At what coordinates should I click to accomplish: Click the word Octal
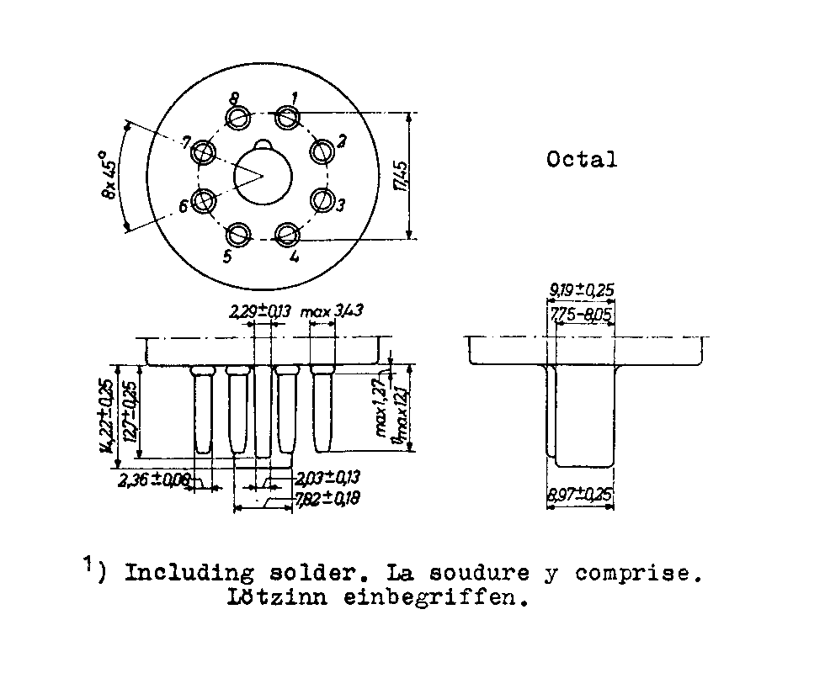582,159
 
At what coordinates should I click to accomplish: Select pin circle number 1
289,116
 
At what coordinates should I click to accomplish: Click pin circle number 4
289,235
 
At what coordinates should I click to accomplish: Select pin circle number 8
240,117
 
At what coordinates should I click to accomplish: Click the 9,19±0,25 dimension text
582,290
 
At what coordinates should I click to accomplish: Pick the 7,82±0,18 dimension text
327,500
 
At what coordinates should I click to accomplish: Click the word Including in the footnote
189,575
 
